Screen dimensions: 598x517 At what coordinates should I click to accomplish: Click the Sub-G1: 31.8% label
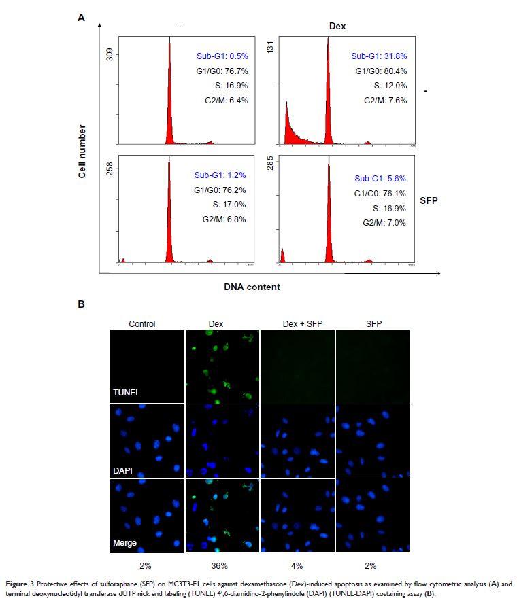tap(378, 56)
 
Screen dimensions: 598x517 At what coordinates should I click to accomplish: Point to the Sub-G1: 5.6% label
tap(380, 178)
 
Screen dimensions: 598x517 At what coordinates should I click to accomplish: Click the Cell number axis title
tap(82, 151)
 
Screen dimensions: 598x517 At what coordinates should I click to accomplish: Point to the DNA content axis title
tap(252, 287)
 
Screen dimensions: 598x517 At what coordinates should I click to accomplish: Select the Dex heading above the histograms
tap(337, 25)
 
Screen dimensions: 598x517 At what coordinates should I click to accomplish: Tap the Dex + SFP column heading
tap(298, 323)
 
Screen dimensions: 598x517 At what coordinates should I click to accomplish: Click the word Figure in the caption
tap(18, 583)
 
